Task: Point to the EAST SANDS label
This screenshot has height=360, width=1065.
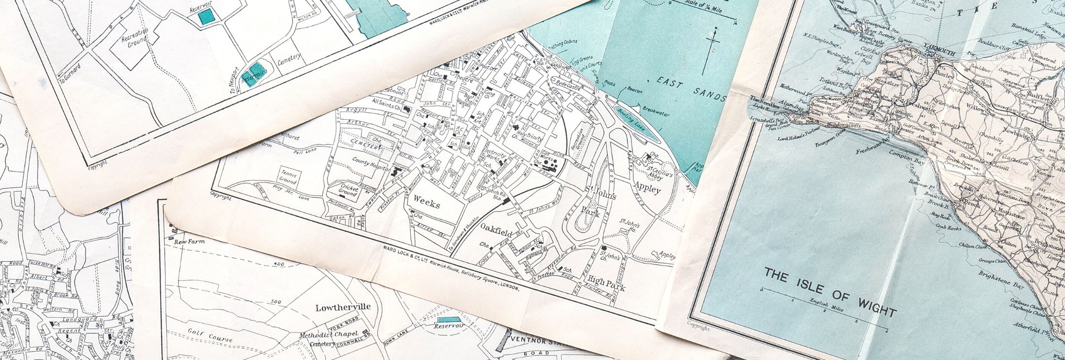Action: point(692,89)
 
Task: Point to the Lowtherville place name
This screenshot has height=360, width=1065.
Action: point(343,307)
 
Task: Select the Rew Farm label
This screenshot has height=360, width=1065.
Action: point(190,241)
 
